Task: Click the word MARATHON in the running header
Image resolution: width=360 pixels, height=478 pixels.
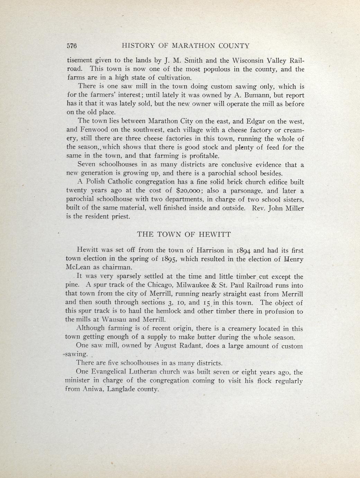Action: pos(196,46)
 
